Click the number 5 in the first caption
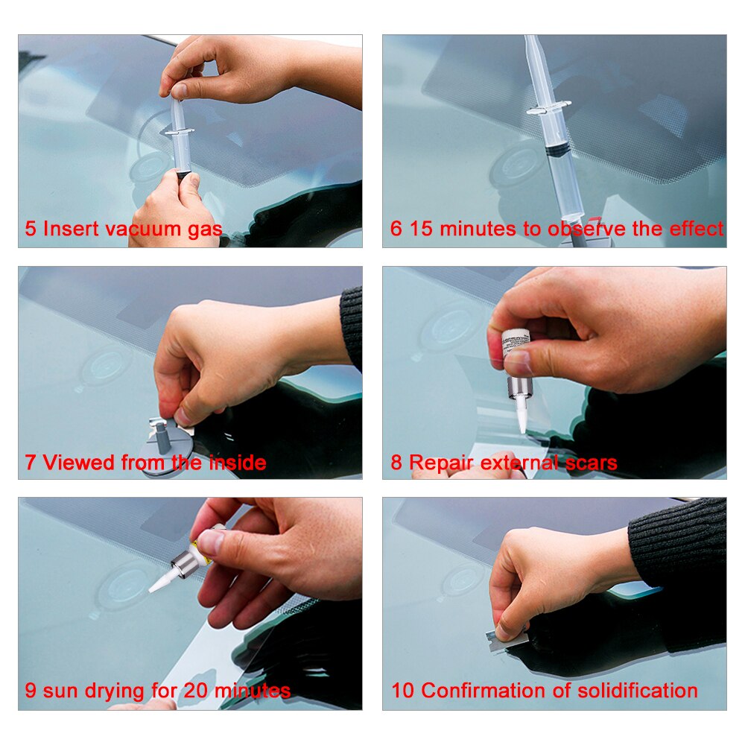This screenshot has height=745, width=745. tap(31, 229)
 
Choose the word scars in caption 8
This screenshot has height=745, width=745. tap(589, 463)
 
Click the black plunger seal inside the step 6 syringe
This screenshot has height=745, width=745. tap(559, 150)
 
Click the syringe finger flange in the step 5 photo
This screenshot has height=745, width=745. tap(177, 132)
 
